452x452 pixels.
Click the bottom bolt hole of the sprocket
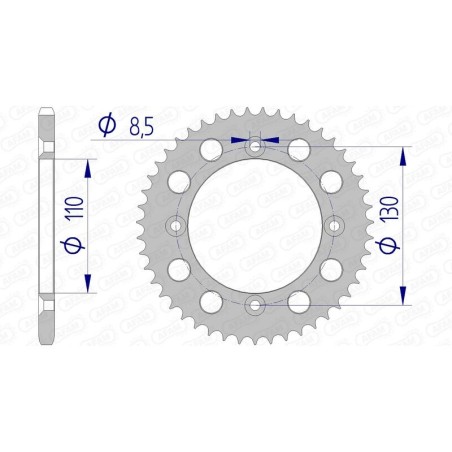(255, 305)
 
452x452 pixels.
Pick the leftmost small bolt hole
(177, 227)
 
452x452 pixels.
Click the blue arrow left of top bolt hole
(239, 141)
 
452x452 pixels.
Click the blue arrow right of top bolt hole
(271, 141)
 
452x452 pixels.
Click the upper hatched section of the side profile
(45, 130)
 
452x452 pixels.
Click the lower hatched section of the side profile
(45, 323)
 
